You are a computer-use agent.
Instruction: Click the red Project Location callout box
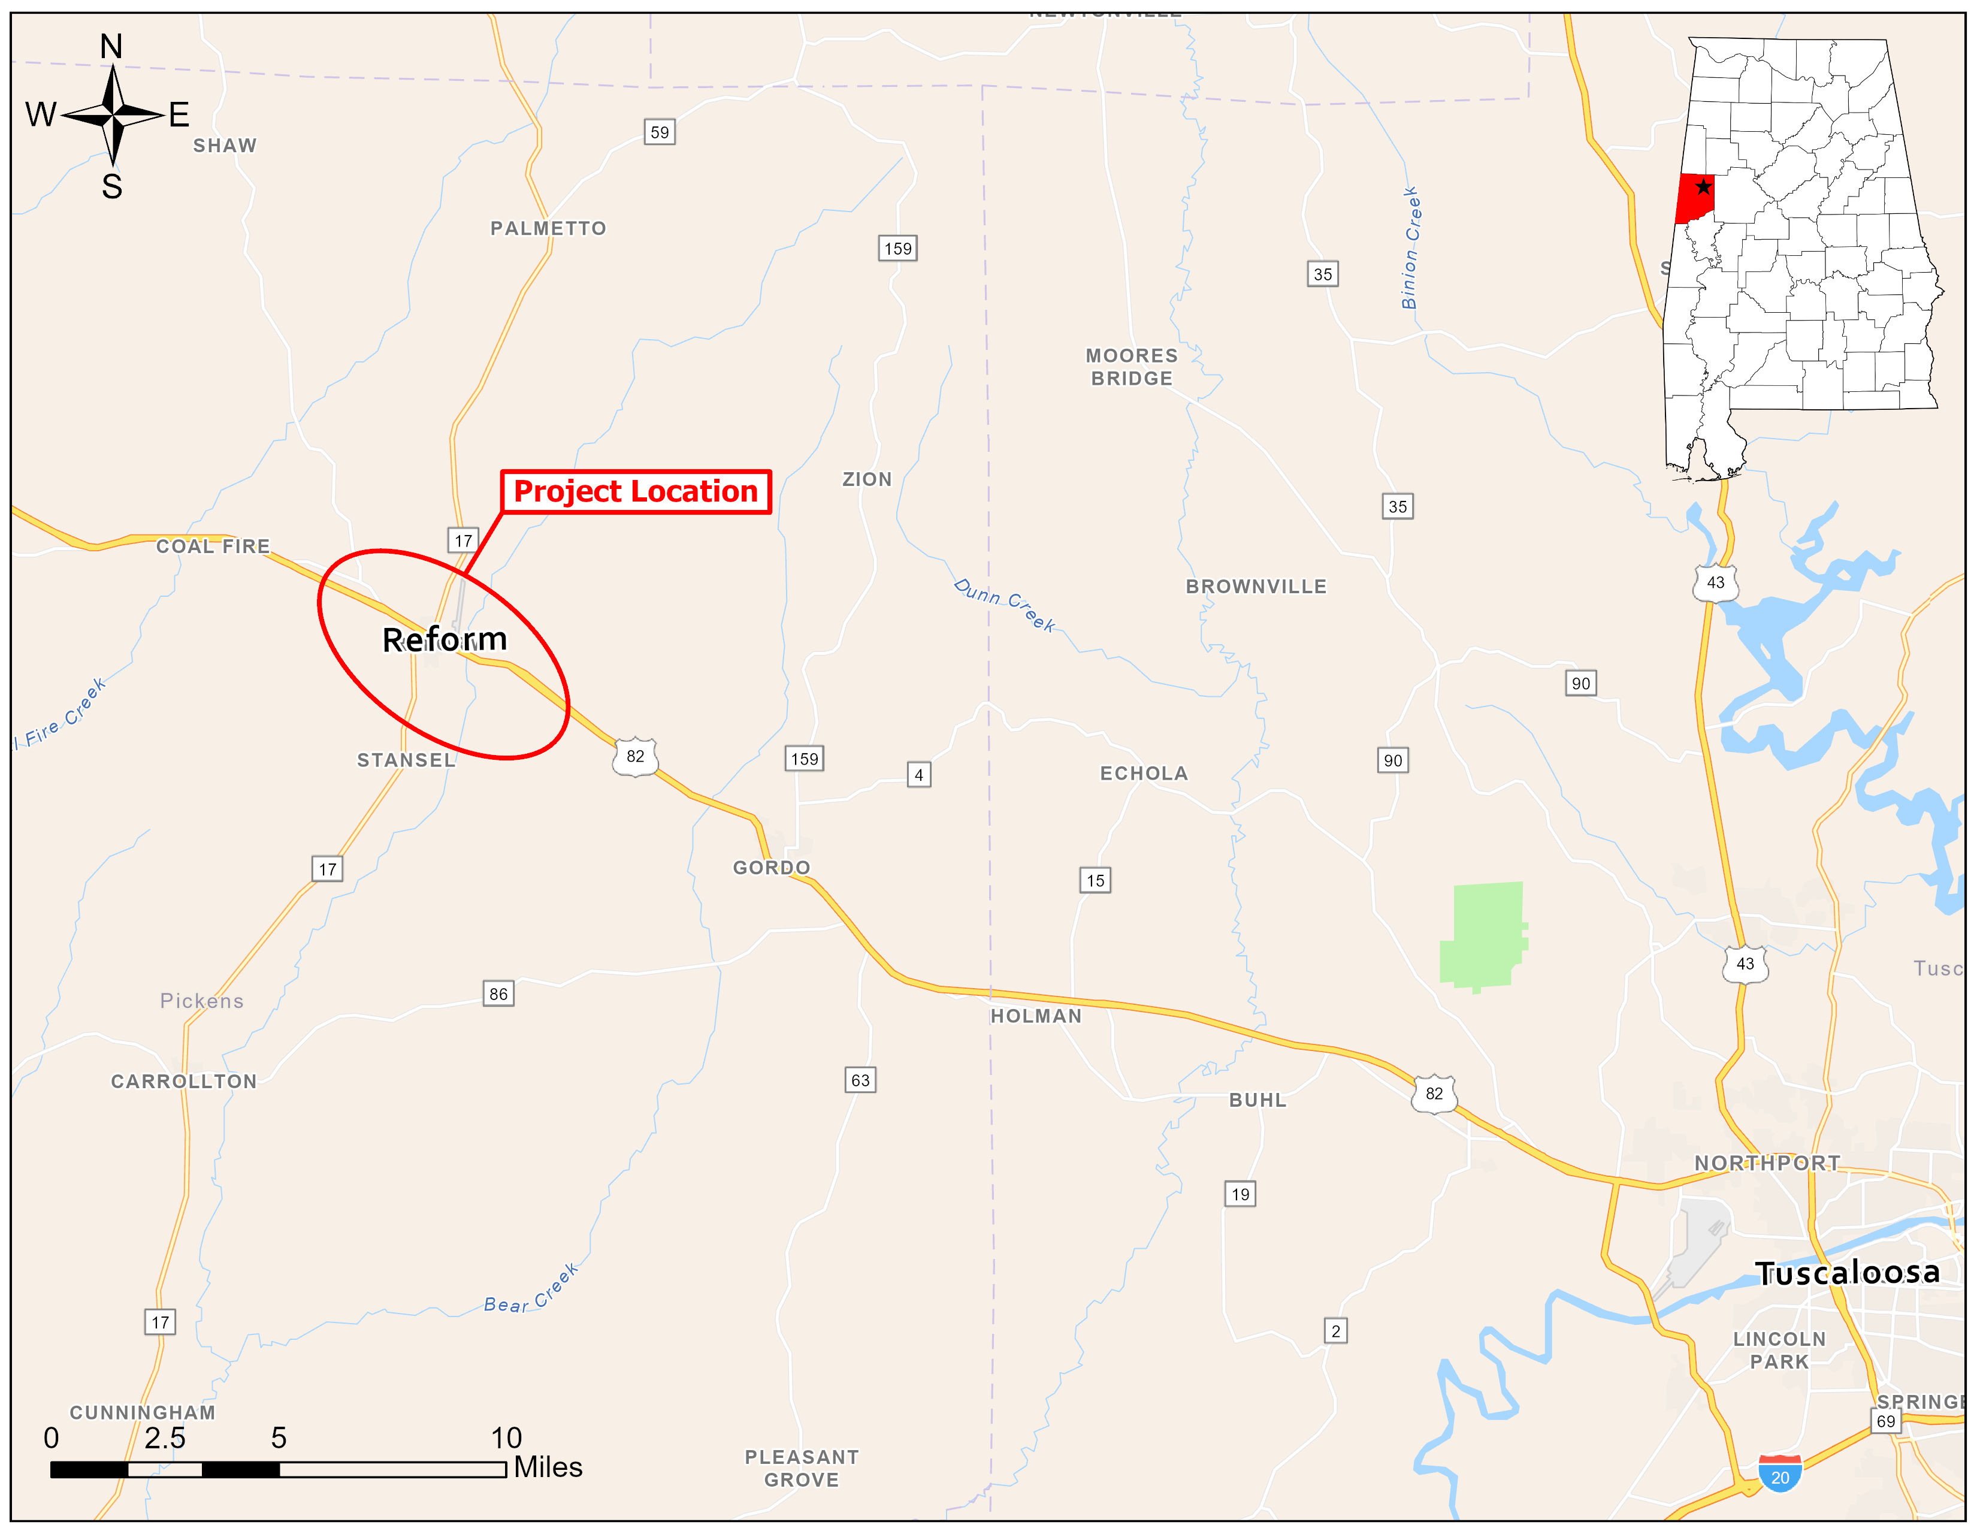(x=636, y=491)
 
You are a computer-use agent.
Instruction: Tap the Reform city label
(x=445, y=640)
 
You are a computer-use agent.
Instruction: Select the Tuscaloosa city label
(x=1848, y=1273)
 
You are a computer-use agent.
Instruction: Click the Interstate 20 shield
(x=1780, y=1473)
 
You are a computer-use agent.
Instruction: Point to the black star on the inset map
(x=1704, y=188)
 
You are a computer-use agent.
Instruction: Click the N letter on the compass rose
(x=111, y=46)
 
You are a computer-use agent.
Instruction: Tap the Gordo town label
(x=771, y=867)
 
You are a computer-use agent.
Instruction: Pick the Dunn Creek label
(x=1005, y=605)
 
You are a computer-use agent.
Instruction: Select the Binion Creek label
(x=1410, y=248)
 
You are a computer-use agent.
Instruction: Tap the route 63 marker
(x=860, y=1080)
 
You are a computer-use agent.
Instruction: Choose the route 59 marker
(x=660, y=132)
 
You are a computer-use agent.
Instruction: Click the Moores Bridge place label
(x=1132, y=367)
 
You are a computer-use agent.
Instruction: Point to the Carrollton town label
(x=184, y=1081)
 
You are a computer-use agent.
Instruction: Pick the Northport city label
(x=1767, y=1162)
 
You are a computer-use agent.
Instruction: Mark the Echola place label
(x=1143, y=773)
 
